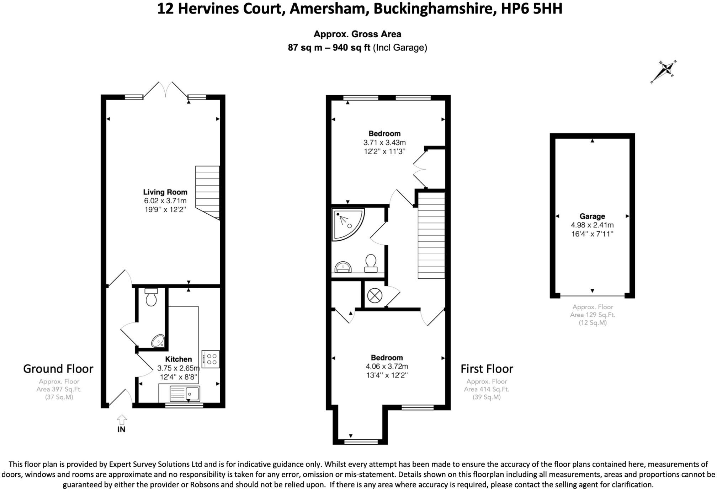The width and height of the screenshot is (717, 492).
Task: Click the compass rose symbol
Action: (x=664, y=71)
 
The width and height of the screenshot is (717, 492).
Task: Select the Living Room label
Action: (x=165, y=192)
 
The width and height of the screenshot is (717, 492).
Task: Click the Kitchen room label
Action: (x=178, y=359)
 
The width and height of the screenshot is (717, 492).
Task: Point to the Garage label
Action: (x=592, y=216)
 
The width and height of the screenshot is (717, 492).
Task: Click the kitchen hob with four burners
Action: (x=211, y=359)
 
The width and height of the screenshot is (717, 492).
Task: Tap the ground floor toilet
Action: (x=151, y=297)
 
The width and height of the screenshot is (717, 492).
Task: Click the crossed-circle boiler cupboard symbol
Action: (x=375, y=295)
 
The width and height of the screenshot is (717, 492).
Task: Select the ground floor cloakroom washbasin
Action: (x=158, y=341)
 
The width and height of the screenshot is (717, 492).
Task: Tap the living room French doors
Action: (x=165, y=90)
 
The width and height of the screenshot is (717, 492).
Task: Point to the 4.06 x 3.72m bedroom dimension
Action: (x=387, y=367)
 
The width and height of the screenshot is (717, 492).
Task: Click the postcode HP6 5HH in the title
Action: (x=532, y=9)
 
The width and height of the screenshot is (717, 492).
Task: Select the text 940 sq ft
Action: (x=351, y=48)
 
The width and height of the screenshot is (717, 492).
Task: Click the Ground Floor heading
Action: (x=58, y=369)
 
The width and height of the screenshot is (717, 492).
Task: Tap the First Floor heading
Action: (x=487, y=369)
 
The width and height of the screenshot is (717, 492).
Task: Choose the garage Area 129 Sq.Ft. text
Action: (x=593, y=315)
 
